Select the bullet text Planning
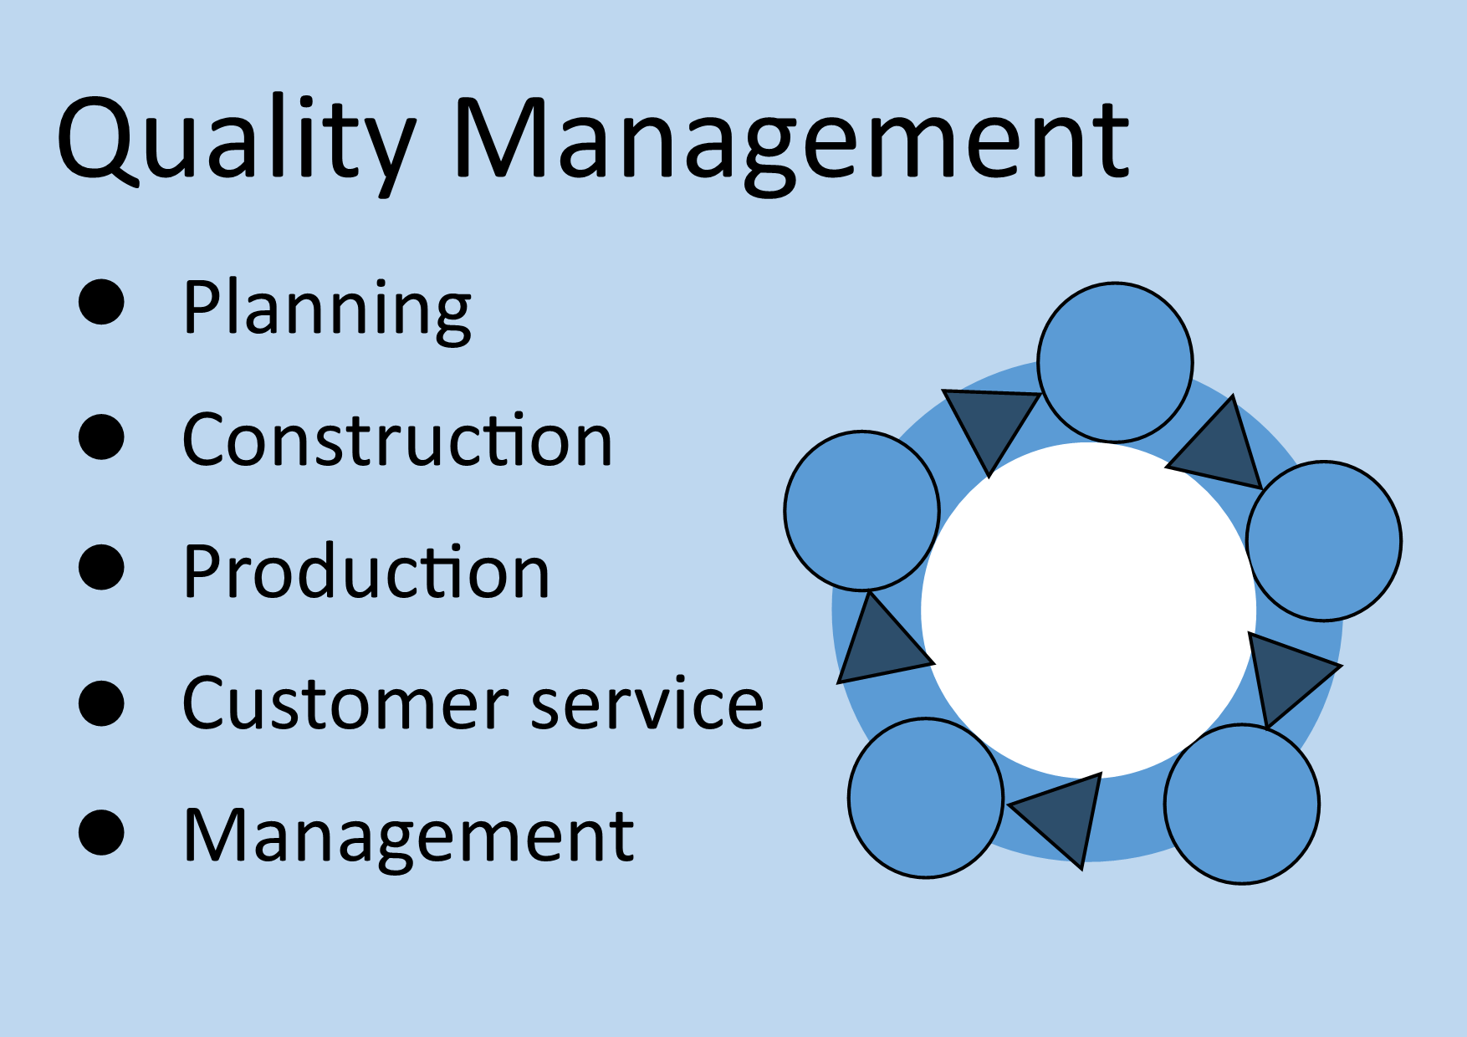(327, 309)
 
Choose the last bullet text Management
(408, 837)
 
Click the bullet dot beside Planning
(101, 302)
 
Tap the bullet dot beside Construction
(101, 437)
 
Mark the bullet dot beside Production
(101, 568)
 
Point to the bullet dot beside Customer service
(101, 702)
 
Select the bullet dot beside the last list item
(101, 833)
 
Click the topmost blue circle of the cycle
(1115, 362)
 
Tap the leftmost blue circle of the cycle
(862, 511)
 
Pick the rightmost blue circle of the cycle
(1324, 541)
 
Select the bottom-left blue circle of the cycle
(926, 798)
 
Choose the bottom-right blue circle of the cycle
(1242, 804)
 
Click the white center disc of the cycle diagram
(1088, 610)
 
